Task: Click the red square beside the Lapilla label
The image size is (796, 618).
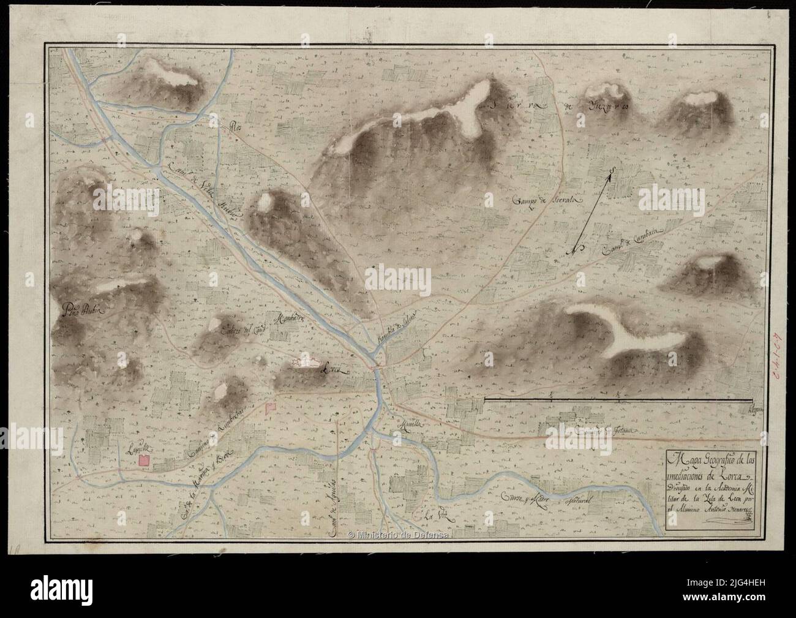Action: [x=145, y=460]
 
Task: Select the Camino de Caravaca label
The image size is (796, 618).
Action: [x=633, y=238]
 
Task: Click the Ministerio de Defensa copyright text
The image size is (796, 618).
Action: [x=398, y=534]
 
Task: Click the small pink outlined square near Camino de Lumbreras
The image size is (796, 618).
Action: [x=270, y=407]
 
